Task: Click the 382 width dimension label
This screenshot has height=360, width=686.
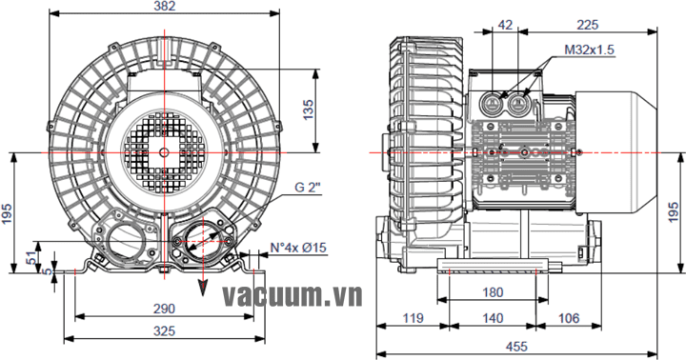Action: pos(165,6)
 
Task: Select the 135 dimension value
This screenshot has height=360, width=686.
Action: pos(309,110)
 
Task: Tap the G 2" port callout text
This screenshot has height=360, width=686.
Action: pos(308,188)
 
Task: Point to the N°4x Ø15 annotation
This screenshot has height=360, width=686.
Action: pos(298,248)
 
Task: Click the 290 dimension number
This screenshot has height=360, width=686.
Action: pos(164,309)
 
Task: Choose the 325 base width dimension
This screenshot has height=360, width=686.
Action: pos(164,331)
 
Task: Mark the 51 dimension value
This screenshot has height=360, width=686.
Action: pos(31,258)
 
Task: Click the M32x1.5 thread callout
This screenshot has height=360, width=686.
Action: pos(590,50)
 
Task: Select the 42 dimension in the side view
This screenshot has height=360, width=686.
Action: pos(505,25)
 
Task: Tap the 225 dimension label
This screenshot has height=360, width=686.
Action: pos(587,25)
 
